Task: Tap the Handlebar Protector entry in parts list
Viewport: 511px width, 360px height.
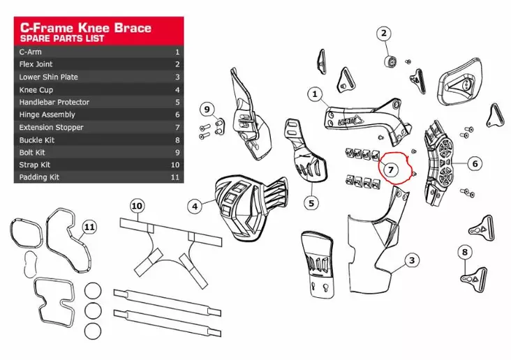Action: click(54, 102)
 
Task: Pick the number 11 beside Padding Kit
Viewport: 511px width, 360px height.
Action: click(175, 177)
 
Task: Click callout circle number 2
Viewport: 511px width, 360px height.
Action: click(385, 33)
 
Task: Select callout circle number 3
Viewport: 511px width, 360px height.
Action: click(413, 260)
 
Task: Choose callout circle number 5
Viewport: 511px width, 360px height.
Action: click(311, 203)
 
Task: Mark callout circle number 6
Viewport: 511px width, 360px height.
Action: click(474, 164)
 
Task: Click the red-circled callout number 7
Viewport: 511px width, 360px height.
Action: click(391, 169)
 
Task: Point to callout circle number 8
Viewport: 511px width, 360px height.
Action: click(466, 252)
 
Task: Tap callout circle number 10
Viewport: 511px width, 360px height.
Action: click(136, 206)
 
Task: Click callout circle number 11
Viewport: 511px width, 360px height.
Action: click(88, 227)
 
